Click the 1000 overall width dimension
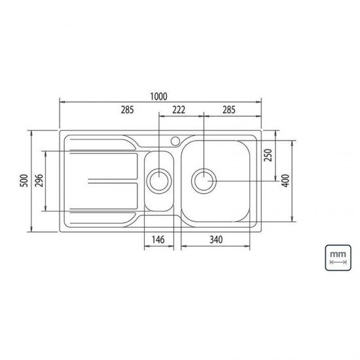pyautogui.click(x=158, y=96)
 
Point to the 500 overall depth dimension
pyautogui.click(x=24, y=181)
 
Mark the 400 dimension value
pyautogui.click(x=285, y=181)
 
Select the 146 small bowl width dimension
pyautogui.click(x=158, y=240)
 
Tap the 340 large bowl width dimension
pyautogui.click(x=215, y=240)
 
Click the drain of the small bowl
pyautogui.click(x=158, y=180)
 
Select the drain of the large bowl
pyautogui.click(x=204, y=180)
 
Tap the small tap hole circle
pyautogui.click(x=175, y=140)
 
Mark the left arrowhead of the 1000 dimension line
pyautogui.click(x=62, y=102)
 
